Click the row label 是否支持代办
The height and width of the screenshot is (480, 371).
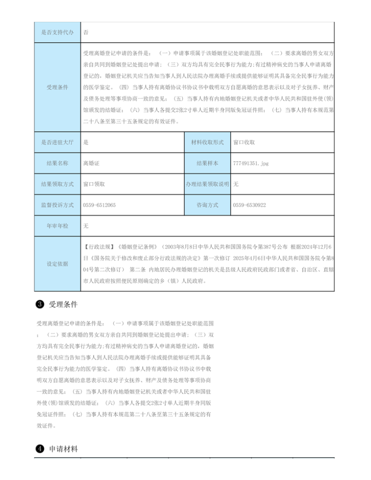(x=58, y=32)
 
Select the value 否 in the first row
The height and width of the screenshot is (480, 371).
(x=86, y=32)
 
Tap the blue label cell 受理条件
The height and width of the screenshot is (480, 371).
(x=58, y=87)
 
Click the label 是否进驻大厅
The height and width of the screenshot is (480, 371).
(x=58, y=142)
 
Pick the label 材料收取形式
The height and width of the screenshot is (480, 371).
(x=207, y=142)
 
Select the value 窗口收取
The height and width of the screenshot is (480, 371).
(x=244, y=142)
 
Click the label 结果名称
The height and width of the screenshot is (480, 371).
(x=58, y=163)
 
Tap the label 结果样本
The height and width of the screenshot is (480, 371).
(x=207, y=163)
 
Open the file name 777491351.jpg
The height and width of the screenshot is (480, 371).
(x=251, y=163)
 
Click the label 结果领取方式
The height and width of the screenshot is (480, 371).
(x=58, y=184)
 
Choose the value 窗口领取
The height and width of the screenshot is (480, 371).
(x=94, y=184)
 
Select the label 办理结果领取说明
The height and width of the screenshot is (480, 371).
(x=207, y=184)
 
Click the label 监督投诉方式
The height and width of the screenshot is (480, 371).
(x=58, y=205)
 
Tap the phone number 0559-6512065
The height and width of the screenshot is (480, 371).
(x=99, y=205)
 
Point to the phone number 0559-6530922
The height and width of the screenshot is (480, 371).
(x=249, y=205)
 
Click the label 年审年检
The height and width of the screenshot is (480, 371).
(x=58, y=226)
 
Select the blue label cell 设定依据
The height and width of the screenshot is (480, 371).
(x=58, y=264)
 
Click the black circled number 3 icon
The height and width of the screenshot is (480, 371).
(x=40, y=305)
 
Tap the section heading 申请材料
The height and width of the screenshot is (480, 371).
(x=64, y=449)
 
